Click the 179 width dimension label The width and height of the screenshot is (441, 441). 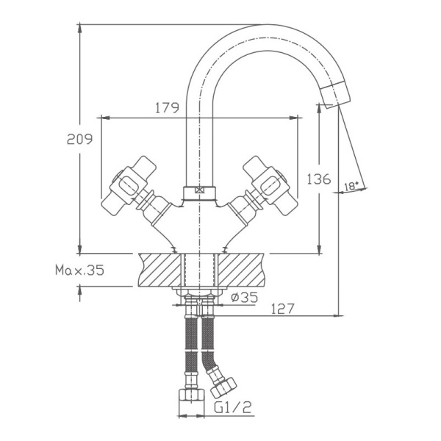[167, 108]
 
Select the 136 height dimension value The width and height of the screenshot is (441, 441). [318, 178]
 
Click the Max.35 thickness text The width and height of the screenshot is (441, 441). [80, 270]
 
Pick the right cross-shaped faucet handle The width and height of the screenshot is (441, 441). [267, 184]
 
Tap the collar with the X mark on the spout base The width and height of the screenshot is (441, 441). [198, 193]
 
